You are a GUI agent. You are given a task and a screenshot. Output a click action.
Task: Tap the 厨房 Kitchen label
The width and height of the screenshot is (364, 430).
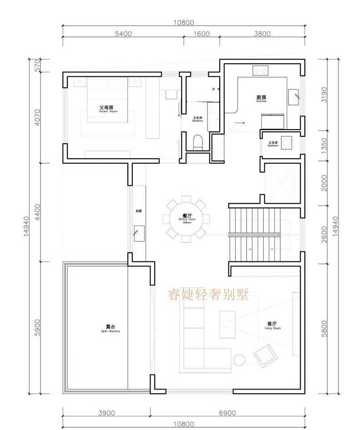click(261, 98)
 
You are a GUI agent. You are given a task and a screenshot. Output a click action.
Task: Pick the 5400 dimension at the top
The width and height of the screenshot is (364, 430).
click(123, 34)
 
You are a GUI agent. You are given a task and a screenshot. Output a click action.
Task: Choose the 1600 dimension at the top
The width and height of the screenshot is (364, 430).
click(202, 34)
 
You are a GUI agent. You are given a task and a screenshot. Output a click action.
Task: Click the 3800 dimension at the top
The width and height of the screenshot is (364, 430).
click(262, 34)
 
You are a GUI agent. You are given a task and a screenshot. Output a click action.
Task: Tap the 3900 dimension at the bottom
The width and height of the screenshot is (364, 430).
click(106, 413)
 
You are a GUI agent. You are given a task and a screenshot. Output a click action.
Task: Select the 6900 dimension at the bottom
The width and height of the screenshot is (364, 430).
click(227, 413)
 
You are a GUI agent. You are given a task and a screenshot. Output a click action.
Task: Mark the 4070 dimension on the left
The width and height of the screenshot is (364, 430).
click(38, 117)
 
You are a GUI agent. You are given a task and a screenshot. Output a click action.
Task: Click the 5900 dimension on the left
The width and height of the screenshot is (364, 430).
click(38, 327)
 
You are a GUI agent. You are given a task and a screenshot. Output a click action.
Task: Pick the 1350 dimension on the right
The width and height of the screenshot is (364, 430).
click(324, 147)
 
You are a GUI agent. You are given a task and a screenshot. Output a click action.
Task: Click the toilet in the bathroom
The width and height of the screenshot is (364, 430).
click(197, 142)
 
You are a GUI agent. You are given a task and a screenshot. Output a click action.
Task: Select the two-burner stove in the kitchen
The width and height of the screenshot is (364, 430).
click(261, 71)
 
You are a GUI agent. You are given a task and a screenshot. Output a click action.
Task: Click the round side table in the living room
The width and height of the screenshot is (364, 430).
click(239, 360)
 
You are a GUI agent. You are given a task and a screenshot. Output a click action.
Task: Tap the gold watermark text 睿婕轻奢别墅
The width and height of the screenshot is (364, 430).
click(209, 295)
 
